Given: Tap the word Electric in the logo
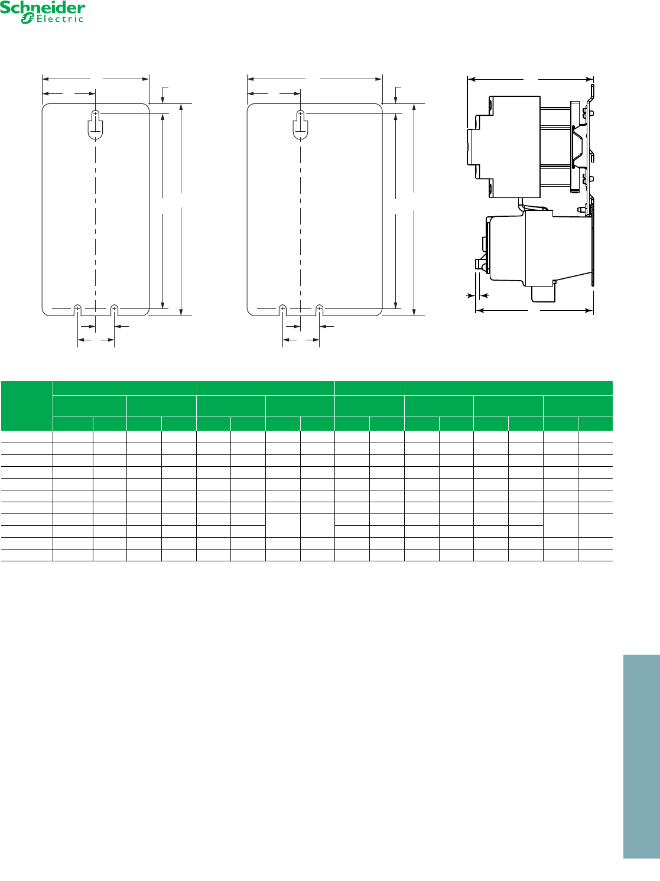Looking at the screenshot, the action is point(60,19).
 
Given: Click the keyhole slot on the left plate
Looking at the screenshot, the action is point(95,125).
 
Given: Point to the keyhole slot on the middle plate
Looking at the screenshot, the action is point(301,125).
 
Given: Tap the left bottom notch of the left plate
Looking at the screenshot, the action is point(77,310).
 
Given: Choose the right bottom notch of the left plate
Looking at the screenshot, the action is point(115,310).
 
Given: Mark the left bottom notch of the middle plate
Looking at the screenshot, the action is point(282,310).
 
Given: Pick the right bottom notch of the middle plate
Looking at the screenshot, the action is point(320,310).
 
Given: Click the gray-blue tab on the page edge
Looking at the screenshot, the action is point(641,756).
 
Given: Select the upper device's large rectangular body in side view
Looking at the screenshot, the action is point(515,147).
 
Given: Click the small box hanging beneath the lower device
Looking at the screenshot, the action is point(544,294).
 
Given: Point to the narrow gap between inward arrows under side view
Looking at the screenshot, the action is point(477,296).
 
